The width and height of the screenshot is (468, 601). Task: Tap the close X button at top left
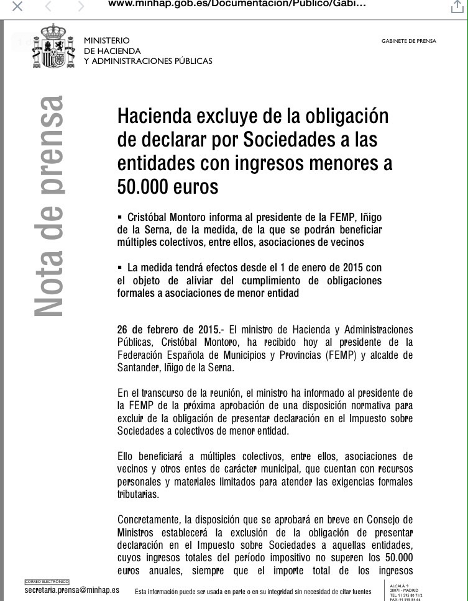pyautogui.click(x=17, y=7)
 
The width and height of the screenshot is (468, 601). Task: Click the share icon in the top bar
pyautogui.click(x=457, y=7)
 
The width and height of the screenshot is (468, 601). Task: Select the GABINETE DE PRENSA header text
pyautogui.click(x=408, y=41)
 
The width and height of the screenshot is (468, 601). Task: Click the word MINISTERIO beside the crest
pyautogui.click(x=107, y=40)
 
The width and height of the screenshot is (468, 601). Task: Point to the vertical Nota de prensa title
pyautogui.click(x=48, y=206)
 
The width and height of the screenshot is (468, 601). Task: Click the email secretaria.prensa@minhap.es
pyautogui.click(x=71, y=590)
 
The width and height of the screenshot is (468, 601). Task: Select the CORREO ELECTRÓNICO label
pyautogui.click(x=47, y=582)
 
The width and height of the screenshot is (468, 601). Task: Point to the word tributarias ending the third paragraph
pyautogui.click(x=138, y=495)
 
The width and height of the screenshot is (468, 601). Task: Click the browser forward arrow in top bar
pyautogui.click(x=81, y=7)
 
